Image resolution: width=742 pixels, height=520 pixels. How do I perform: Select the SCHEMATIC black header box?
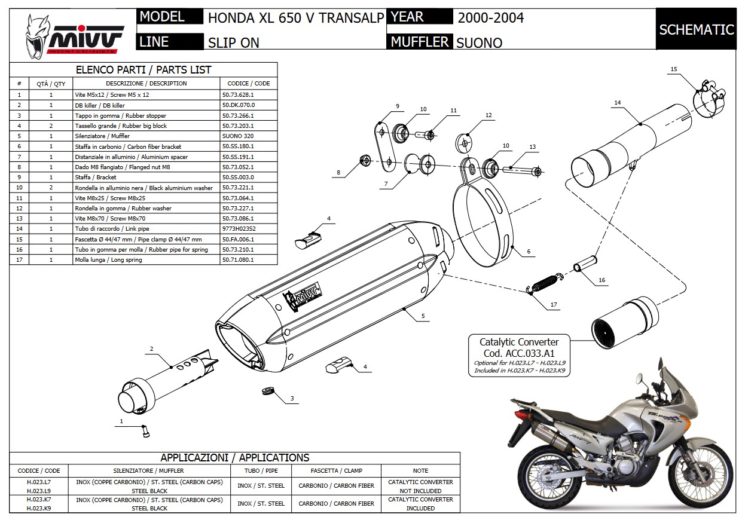pyautogui.click(x=696, y=29)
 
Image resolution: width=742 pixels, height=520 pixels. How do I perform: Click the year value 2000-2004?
pyautogui.click(x=490, y=17)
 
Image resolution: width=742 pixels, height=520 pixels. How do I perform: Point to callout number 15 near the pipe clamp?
pyautogui.click(x=673, y=69)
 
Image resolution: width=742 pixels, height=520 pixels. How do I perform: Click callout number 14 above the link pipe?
pyautogui.click(x=618, y=103)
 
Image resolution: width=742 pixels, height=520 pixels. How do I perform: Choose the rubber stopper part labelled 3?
pyautogui.click(x=268, y=392)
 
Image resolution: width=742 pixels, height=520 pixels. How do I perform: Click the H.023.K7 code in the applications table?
pyautogui.click(x=39, y=498)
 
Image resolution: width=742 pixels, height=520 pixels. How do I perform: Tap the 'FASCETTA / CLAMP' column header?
pyautogui.click(x=336, y=470)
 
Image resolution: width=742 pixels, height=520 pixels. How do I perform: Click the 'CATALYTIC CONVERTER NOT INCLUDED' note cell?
pyautogui.click(x=420, y=486)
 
